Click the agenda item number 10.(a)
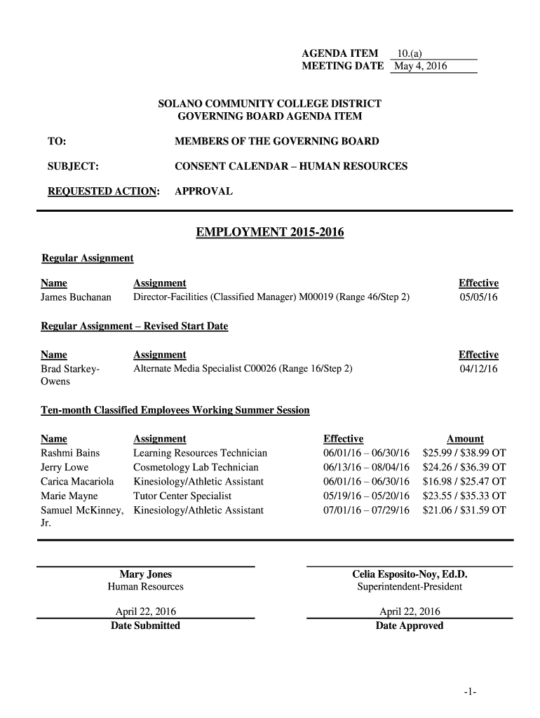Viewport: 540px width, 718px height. point(409,53)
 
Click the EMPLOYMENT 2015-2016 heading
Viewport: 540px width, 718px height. point(270,232)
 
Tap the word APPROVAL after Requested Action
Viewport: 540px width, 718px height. point(203,191)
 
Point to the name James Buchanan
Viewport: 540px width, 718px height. point(76,297)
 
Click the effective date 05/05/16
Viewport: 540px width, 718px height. point(478,297)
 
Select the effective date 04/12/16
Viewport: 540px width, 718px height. point(478,369)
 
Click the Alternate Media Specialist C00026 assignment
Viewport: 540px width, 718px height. point(243,369)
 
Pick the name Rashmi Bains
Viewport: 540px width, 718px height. point(70,453)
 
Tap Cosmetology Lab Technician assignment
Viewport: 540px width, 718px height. point(196,468)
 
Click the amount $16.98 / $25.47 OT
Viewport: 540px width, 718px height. point(464,482)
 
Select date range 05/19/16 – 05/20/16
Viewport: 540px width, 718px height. point(366,496)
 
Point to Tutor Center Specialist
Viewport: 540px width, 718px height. point(182,496)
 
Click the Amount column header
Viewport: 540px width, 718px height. point(465,439)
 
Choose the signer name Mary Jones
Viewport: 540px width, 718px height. point(145,574)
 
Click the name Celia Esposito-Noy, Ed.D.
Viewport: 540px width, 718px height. point(410,574)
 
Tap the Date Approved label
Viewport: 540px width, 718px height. point(410,625)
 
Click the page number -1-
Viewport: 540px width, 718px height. point(470,693)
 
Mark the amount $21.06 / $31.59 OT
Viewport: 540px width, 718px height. point(464,510)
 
